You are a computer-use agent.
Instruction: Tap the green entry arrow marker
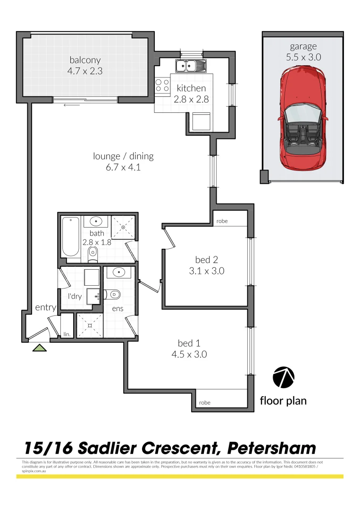pos(40,348)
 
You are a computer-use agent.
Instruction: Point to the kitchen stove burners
pos(163,85)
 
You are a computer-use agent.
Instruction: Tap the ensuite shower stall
pos(89,325)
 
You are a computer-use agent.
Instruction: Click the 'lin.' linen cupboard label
pos(67,334)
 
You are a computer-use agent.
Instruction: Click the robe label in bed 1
pos(205,402)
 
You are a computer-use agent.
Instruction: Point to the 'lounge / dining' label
pos(123,156)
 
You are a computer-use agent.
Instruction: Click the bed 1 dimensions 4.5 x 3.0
pos(192,354)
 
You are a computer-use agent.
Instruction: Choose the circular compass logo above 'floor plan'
pos(284,377)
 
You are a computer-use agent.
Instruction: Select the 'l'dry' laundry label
pos(76,297)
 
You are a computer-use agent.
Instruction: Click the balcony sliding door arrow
pos(69,105)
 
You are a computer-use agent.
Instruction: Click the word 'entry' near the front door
pos(46,308)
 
